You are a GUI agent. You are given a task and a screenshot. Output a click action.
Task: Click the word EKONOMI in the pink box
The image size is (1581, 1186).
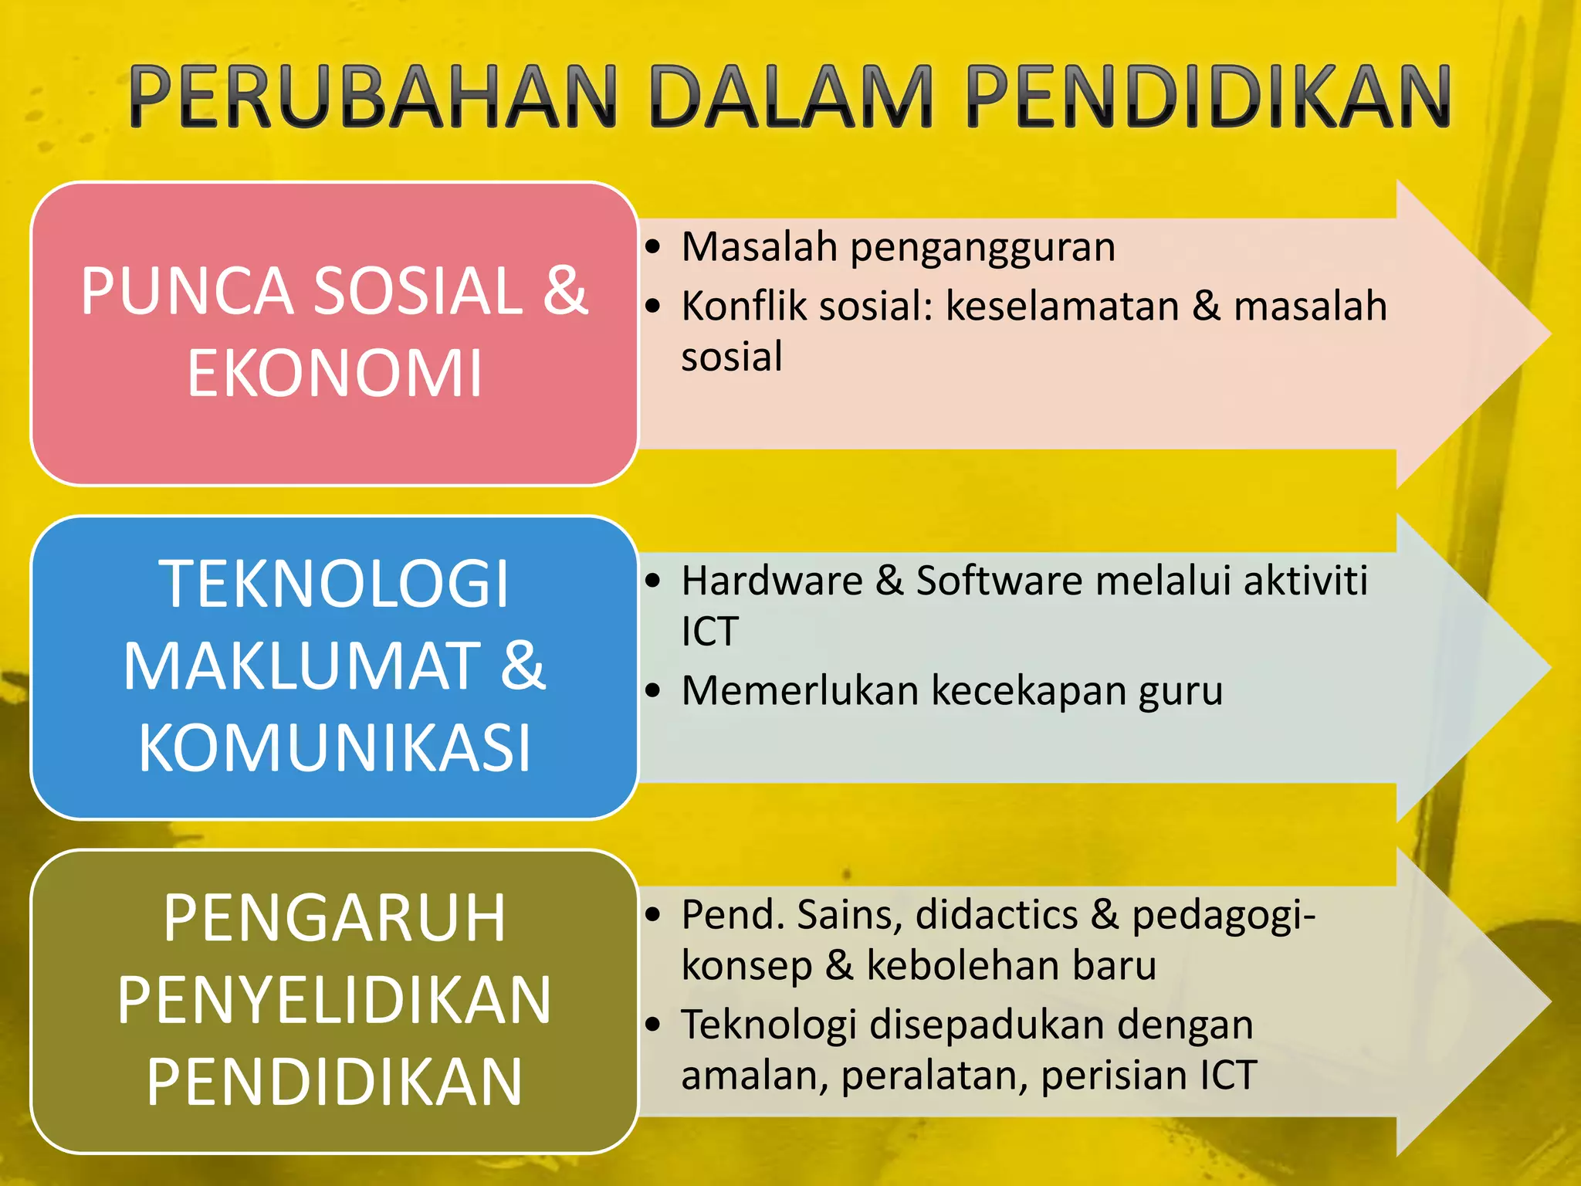pyautogui.click(x=334, y=374)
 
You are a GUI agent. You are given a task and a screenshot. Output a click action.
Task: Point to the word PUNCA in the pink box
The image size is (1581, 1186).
pyautogui.click(x=186, y=291)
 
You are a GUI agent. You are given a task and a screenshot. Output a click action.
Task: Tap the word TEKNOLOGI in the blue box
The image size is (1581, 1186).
pyautogui.click(x=334, y=585)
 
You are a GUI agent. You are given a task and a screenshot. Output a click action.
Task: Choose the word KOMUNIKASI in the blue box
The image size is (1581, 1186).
pyautogui.click(x=334, y=747)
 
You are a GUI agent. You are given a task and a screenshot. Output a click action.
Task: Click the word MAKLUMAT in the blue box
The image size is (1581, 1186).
pyautogui.click(x=302, y=666)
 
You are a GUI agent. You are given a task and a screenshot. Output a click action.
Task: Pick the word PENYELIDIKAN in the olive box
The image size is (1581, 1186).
pyautogui.click(x=334, y=1000)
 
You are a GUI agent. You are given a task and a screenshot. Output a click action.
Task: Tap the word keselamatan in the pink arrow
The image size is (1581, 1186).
pyautogui.click(x=1062, y=306)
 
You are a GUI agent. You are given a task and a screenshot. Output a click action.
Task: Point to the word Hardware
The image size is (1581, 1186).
pyautogui.click(x=772, y=581)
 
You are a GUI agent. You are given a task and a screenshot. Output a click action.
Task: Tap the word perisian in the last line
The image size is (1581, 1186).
pyautogui.click(x=1114, y=1076)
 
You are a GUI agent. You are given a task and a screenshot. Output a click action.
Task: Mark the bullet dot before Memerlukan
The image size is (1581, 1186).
pyautogui.click(x=654, y=691)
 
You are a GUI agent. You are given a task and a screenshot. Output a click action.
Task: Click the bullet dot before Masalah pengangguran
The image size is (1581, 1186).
pyautogui.click(x=654, y=248)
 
